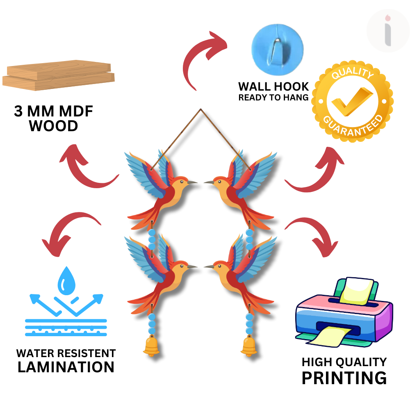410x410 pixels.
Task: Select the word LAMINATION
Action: tap(66, 367)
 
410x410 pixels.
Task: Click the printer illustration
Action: tap(344, 312)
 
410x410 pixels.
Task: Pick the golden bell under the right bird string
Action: tap(249, 346)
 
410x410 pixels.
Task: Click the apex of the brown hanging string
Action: tap(201, 109)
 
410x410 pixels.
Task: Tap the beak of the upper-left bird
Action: tap(193, 182)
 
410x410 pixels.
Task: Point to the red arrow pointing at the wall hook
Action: tap(203, 55)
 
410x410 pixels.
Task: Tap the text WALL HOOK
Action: tap(273, 87)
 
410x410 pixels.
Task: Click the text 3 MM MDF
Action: tap(53, 112)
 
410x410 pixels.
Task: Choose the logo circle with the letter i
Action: tap(387, 31)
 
